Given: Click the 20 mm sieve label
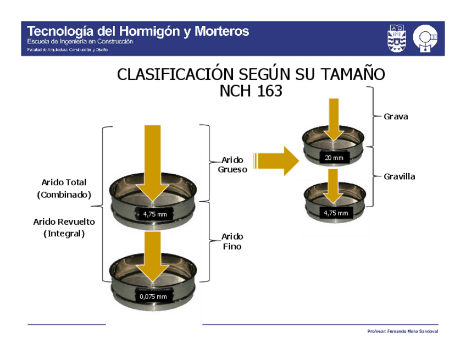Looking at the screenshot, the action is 334,158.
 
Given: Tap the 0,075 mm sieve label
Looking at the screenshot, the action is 153,297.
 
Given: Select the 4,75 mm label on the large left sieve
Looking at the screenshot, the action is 155,214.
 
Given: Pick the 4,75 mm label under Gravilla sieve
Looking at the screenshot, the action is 336,213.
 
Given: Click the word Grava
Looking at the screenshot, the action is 396,117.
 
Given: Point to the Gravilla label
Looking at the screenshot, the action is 400,176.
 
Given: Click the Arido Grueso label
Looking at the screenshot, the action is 232,165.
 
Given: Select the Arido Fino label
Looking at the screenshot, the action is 232,241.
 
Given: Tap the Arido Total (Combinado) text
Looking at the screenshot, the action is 64,188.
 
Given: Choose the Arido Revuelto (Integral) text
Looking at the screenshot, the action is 64,227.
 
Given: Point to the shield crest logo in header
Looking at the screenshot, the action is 397,38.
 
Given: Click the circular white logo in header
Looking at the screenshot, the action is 426,38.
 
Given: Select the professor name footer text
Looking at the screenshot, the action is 403,331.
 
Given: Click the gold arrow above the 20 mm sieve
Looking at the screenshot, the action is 333,120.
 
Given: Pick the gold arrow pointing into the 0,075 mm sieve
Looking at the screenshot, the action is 152,256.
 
